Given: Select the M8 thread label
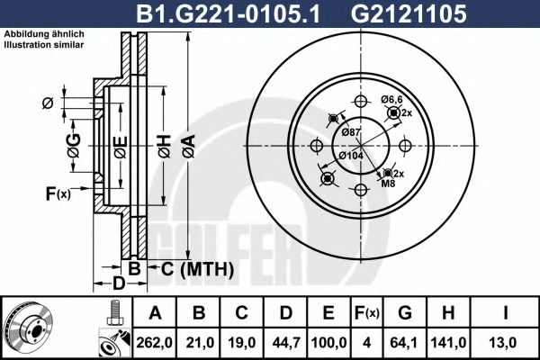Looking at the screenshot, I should point(388,184).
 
